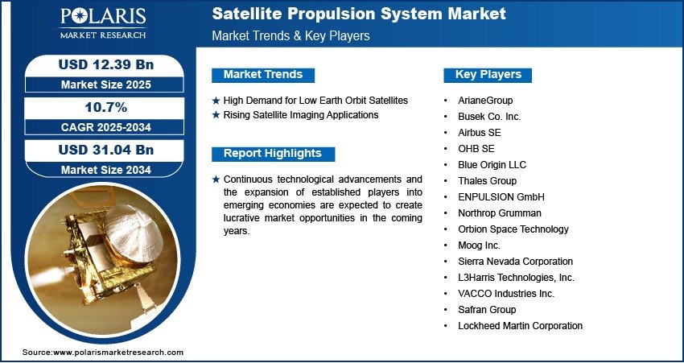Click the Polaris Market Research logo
pos(103,23)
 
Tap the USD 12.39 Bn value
pos(106,64)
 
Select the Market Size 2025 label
pos(106,85)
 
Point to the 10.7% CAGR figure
pos(106,107)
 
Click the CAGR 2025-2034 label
pos(106,127)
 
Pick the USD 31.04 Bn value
pos(106,150)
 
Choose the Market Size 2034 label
pos(106,170)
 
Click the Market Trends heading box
pos(263,75)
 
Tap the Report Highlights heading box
pos(273,154)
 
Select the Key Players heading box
pos(488,75)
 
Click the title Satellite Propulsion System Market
pos(359,14)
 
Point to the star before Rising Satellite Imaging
pos(216,116)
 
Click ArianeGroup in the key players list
pos(485,101)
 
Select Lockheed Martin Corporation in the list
pos(520,325)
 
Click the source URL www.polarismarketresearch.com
pos(118,352)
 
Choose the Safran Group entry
pos(487,310)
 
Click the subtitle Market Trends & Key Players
pos(290,35)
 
